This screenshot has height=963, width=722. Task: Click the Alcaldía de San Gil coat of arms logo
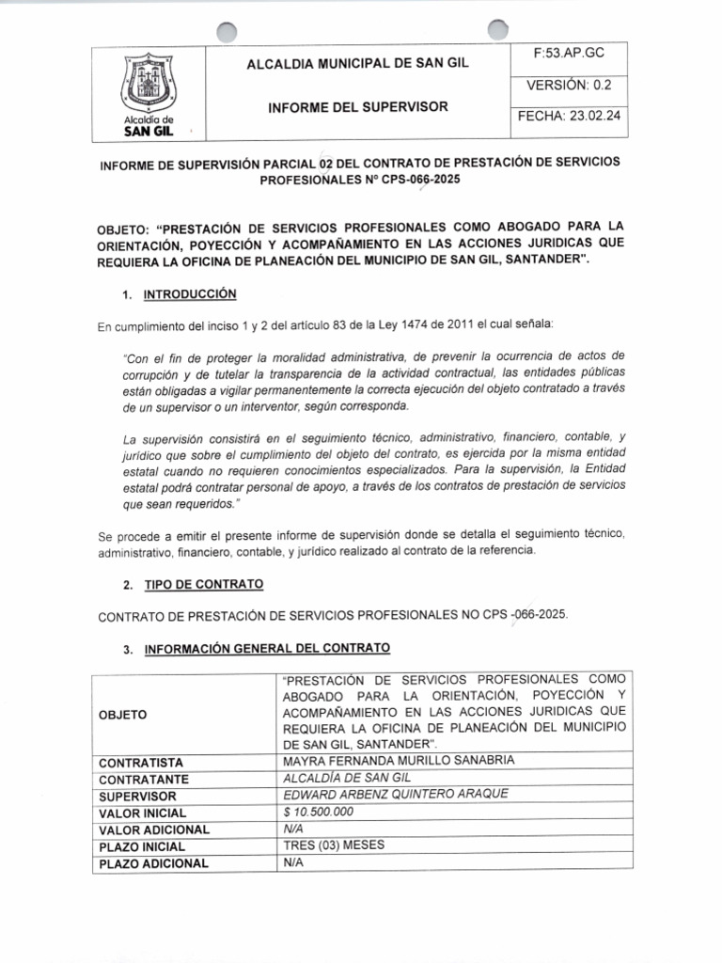click(149, 85)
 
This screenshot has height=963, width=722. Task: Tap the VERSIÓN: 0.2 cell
click(569, 84)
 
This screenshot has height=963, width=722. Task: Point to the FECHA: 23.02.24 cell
click(569, 117)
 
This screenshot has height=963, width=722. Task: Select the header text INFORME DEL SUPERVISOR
click(358, 106)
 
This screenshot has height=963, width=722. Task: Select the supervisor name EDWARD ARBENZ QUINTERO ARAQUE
click(395, 794)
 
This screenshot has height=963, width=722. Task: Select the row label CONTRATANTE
click(144, 779)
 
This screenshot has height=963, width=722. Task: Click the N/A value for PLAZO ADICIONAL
click(292, 862)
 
